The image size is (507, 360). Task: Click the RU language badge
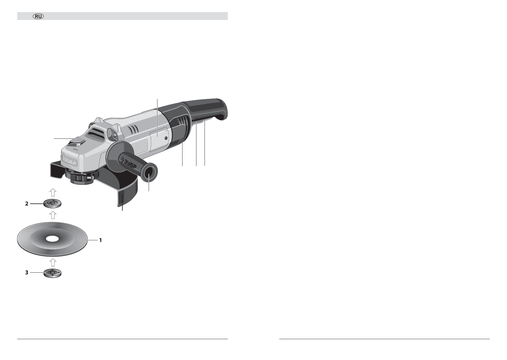point(38,16)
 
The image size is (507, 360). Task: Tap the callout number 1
point(101,240)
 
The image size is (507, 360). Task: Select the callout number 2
point(27,204)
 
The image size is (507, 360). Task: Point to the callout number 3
point(27,272)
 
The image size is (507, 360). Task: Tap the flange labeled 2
point(53,203)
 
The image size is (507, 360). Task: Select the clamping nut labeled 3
point(53,273)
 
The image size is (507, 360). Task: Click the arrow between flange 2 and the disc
point(53,215)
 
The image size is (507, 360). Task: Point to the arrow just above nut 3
point(53,262)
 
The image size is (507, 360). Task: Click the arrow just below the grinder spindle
point(53,193)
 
